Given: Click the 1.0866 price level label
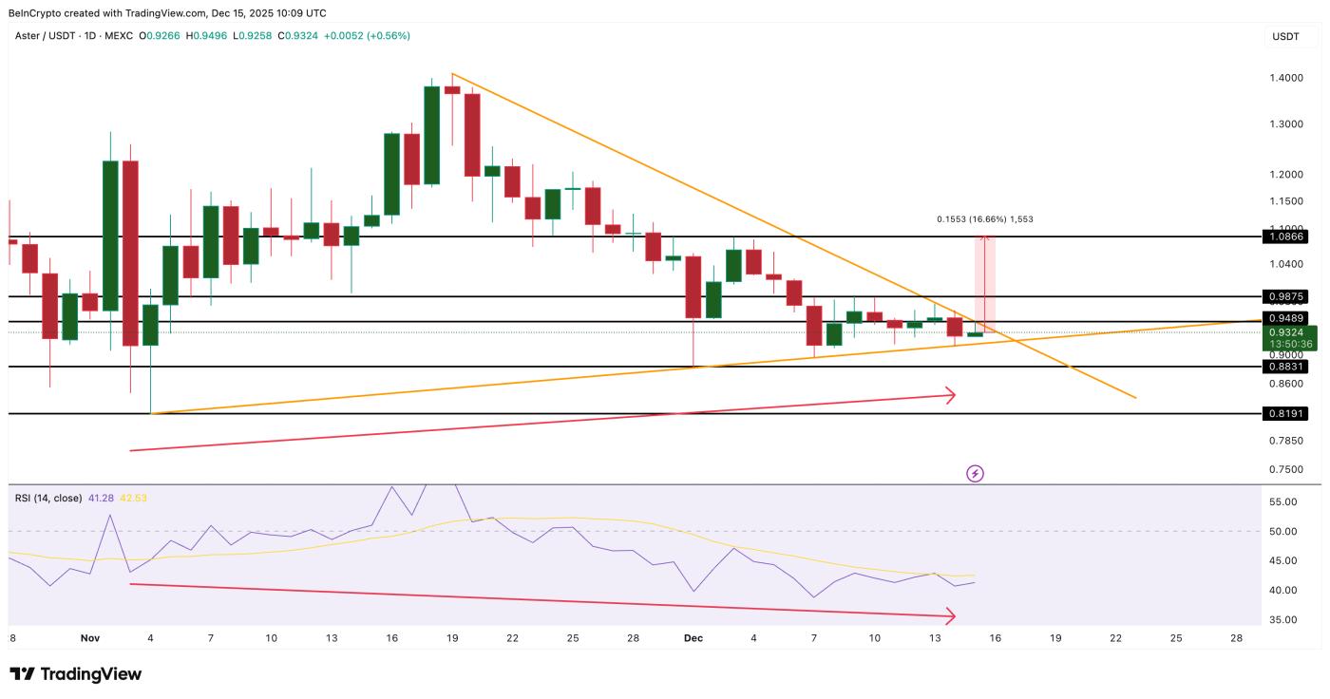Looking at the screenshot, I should click(1286, 236).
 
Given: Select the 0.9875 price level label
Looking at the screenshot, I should click(1286, 296).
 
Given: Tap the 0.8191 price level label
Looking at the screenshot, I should click(1286, 414).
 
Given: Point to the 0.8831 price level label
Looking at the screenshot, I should click(1286, 367).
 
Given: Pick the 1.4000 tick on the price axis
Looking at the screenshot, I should click(1286, 78).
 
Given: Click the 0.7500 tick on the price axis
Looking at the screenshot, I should click(1286, 469).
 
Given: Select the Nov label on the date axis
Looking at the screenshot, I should click(90, 638).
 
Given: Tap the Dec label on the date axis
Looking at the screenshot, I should click(693, 638).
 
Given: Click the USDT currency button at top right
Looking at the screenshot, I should click(1285, 37).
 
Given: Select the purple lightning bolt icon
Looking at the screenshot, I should click(975, 473).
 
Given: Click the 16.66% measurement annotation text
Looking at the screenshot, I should click(985, 219).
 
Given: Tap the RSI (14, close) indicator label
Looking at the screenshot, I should click(47, 498).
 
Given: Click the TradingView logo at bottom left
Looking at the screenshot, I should click(76, 674).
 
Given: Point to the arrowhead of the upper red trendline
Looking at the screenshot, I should click(951, 395).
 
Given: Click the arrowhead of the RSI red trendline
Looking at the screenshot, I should click(951, 617).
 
